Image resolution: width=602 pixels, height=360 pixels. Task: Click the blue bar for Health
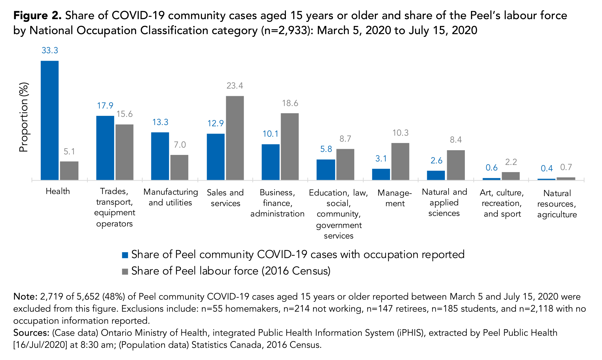[50, 120]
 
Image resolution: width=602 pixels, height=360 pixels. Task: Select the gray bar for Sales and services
[235, 138]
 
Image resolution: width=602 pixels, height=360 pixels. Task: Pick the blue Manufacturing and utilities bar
[160, 156]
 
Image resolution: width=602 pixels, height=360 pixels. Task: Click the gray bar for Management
[400, 161]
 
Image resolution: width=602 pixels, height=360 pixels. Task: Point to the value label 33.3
[50, 50]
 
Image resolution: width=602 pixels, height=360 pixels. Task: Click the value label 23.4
[235, 86]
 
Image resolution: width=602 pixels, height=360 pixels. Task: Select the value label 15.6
[124, 114]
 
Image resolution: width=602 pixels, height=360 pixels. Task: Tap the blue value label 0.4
[547, 168]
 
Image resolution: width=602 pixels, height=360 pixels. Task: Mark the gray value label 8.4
[456, 140]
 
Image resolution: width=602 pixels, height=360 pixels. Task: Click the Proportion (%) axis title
[24, 117]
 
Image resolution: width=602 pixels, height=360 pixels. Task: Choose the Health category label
[58, 191]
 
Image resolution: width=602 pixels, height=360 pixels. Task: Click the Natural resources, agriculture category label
[557, 204]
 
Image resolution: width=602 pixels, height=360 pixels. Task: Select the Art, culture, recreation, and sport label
[502, 203]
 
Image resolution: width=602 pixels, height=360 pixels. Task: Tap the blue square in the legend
[125, 255]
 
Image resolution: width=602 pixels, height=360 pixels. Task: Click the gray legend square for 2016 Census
[125, 271]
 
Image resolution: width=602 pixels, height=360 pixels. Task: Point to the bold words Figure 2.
[37, 16]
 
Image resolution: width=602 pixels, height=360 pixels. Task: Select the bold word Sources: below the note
[31, 333]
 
